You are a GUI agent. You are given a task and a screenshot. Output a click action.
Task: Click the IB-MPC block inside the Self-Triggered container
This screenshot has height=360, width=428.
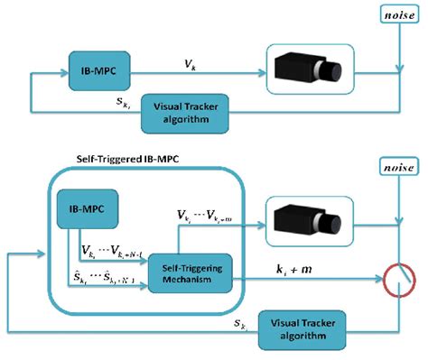85,212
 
